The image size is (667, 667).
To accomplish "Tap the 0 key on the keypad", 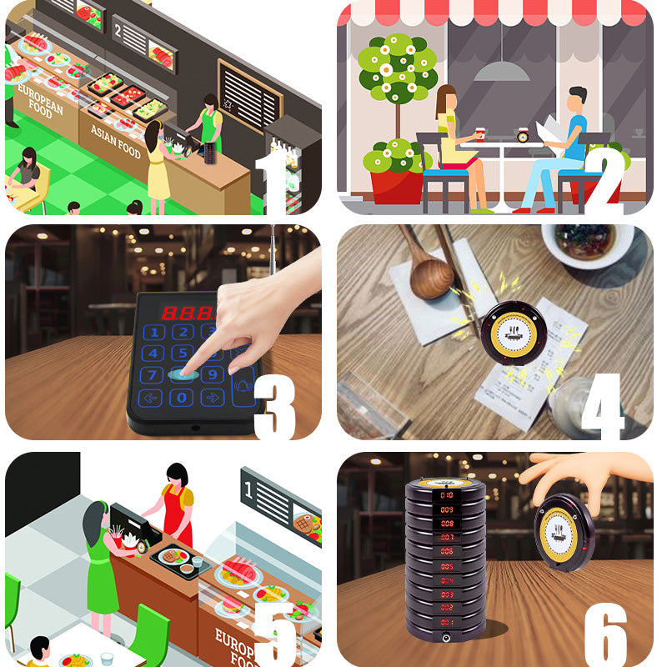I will point(181,398).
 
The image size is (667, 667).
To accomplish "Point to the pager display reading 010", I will point(447,494).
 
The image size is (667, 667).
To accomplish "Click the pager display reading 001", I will point(447,622).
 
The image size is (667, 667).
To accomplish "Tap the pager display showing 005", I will point(447,552).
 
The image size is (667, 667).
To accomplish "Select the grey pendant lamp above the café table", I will point(501,70).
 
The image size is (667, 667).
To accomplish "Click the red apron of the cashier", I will point(177,519).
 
